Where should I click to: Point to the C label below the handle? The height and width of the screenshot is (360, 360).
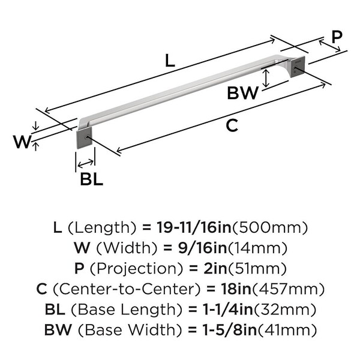tap(232, 125)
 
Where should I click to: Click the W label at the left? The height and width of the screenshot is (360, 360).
tap(22, 142)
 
